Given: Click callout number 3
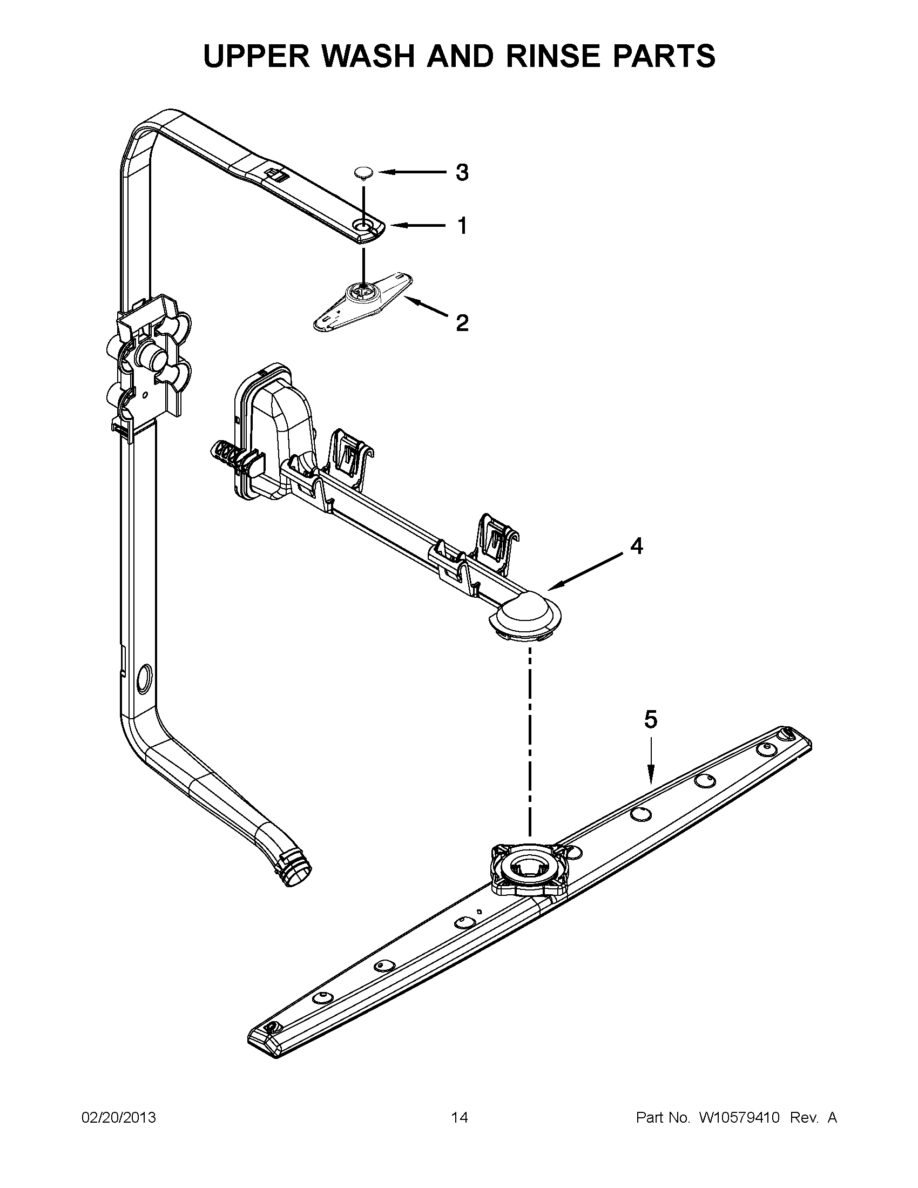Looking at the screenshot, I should pyautogui.click(x=461, y=173).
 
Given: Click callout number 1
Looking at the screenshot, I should pyautogui.click(x=462, y=226).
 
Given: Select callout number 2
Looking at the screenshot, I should pyautogui.click(x=461, y=323).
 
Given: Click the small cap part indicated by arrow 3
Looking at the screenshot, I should pyautogui.click(x=361, y=173).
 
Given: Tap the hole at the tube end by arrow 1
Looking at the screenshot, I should pyautogui.click(x=362, y=224).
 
